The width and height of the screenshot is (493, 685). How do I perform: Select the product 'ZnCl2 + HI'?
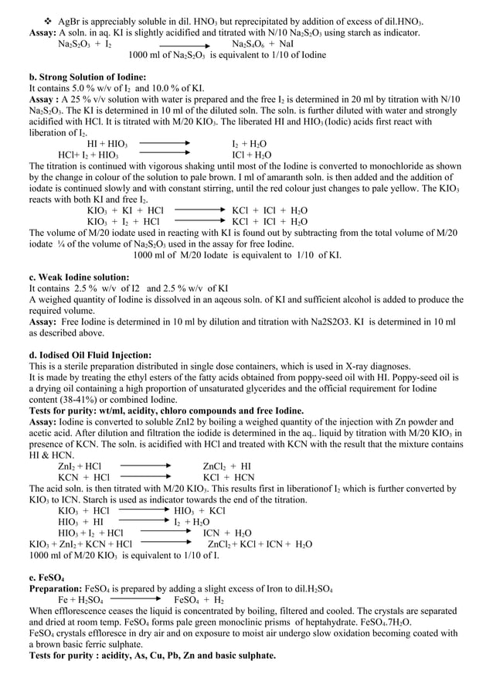(226, 466)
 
